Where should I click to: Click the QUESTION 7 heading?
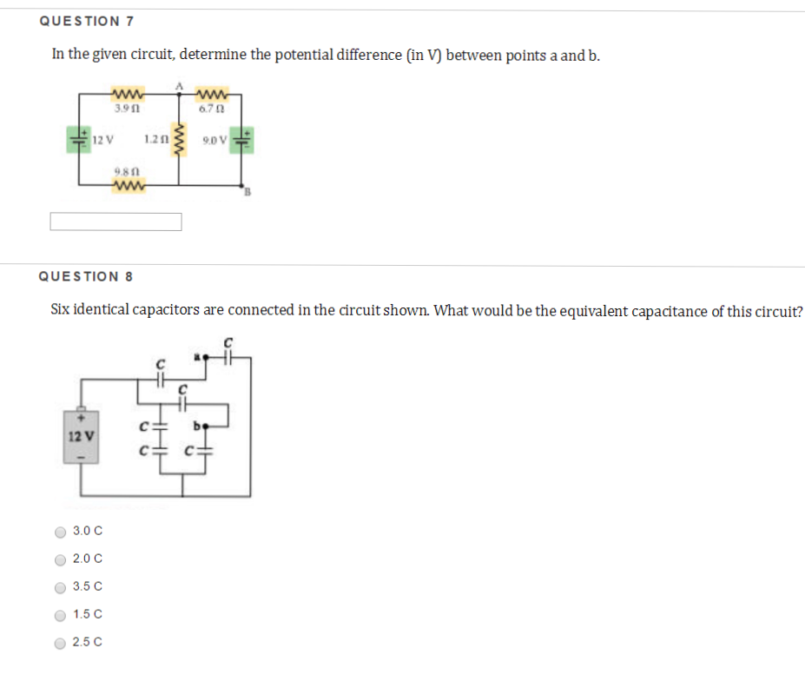click(86, 20)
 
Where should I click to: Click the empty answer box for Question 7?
click(115, 222)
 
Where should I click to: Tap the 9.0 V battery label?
click(214, 139)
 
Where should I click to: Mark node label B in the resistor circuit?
click(246, 193)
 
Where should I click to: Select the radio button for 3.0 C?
click(61, 532)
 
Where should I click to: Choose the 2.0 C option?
click(61, 559)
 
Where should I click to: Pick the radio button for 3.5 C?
click(61, 587)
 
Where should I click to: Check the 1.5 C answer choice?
click(61, 615)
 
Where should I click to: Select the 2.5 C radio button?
click(61, 644)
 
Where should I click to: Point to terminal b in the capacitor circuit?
click(199, 426)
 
